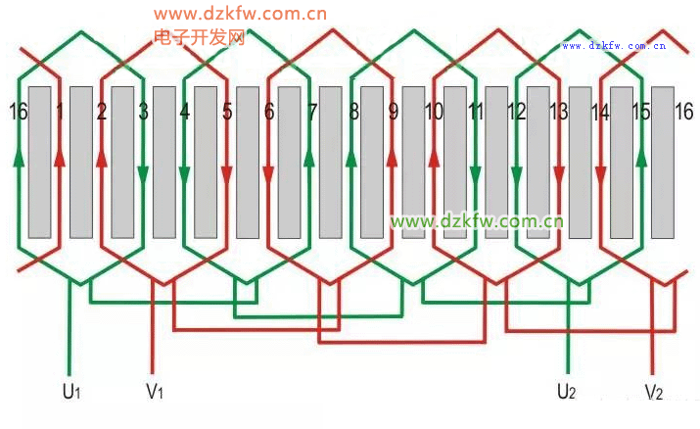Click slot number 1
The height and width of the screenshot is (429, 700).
60,112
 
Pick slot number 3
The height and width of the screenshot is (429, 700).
144,112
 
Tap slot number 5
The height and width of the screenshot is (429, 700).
227,112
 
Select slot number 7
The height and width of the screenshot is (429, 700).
311,112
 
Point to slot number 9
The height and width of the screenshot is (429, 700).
394,112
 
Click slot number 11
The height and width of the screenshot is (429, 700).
476,112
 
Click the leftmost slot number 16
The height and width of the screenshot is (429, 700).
17,111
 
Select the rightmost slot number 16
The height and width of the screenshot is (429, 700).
683,111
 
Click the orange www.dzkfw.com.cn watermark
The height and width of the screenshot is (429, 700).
240,14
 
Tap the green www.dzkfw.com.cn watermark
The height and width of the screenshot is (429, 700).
477,221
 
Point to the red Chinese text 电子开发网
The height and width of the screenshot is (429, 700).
199,37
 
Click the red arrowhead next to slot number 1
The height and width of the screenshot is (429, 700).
60,157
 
